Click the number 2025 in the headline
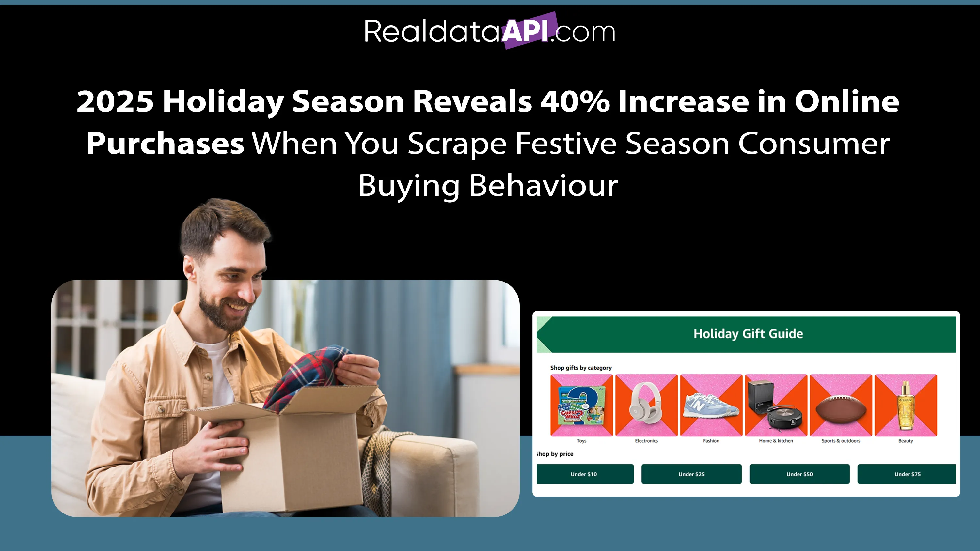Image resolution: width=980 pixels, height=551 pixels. [x=115, y=101]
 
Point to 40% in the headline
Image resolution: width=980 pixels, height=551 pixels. [x=575, y=101]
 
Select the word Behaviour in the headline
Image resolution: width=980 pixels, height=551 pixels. [x=543, y=186]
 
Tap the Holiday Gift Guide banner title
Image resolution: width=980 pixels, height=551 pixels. [x=748, y=333]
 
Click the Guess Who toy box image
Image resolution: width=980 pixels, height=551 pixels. [x=581, y=406]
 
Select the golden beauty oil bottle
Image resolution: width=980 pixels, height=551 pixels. [x=906, y=406]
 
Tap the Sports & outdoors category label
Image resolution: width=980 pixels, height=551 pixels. [x=841, y=441]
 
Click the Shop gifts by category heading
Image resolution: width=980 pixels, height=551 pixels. [x=581, y=368]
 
